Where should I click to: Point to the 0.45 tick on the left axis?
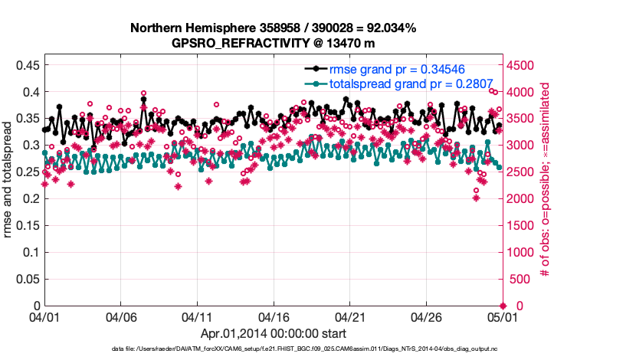(27, 65)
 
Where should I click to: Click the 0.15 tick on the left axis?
(27, 225)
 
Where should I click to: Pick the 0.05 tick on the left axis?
(27, 279)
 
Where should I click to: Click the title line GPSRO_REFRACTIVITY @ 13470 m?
(273, 42)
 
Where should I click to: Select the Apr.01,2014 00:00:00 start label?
(273, 333)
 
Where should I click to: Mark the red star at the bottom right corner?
(503, 306)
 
